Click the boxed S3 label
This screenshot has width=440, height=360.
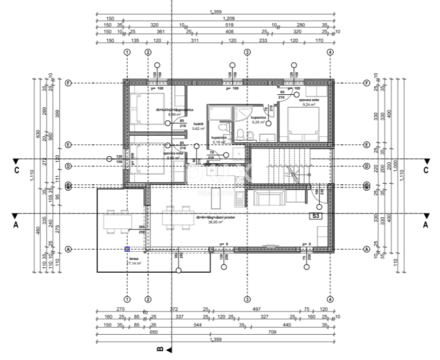click(317, 216)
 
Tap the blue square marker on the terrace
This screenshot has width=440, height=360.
click(127, 249)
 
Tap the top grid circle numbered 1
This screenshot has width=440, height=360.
click(127, 52)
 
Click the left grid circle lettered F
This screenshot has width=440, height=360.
click(68, 84)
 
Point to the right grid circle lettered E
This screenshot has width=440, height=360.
click(366, 145)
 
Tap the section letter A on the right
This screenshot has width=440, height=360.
click(425, 225)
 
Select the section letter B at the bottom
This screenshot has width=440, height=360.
click(160, 349)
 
